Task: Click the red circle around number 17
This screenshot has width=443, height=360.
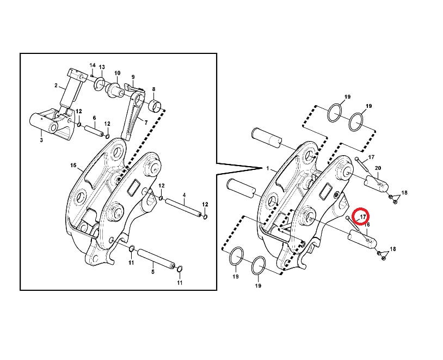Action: pos(362,208)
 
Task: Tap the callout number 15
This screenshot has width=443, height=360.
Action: pos(73,165)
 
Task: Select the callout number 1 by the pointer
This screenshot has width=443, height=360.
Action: pos(268,168)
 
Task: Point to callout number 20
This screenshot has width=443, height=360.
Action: pos(378,168)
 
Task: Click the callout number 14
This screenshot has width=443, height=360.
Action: pos(93,65)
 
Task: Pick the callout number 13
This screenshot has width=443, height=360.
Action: pos(102,67)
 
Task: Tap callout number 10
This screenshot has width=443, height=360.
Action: pos(117,73)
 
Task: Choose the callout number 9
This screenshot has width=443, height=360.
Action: pos(133,77)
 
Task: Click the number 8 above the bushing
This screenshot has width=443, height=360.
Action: pos(153,89)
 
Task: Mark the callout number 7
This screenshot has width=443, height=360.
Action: pos(146,123)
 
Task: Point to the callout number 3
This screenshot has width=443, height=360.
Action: pos(41,140)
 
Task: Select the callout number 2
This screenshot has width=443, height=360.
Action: pos(56,86)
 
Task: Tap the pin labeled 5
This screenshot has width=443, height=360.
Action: pos(156,258)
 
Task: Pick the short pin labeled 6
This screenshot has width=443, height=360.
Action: pos(94,131)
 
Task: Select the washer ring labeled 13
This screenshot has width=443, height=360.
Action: pos(99,84)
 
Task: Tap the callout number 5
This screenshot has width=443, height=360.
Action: pos(153,272)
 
